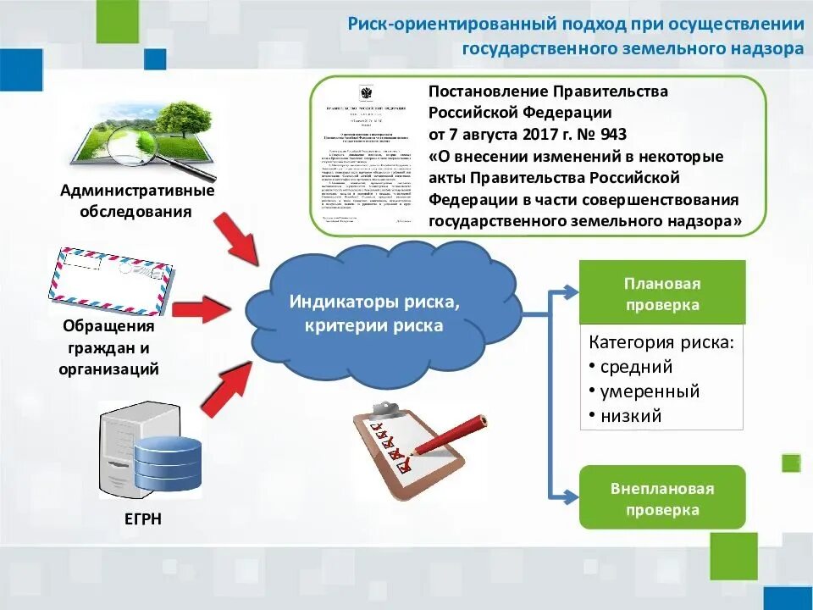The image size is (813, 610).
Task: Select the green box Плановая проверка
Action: point(662,293)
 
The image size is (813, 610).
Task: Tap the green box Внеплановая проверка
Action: point(662,498)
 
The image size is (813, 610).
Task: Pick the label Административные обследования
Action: point(136,201)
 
